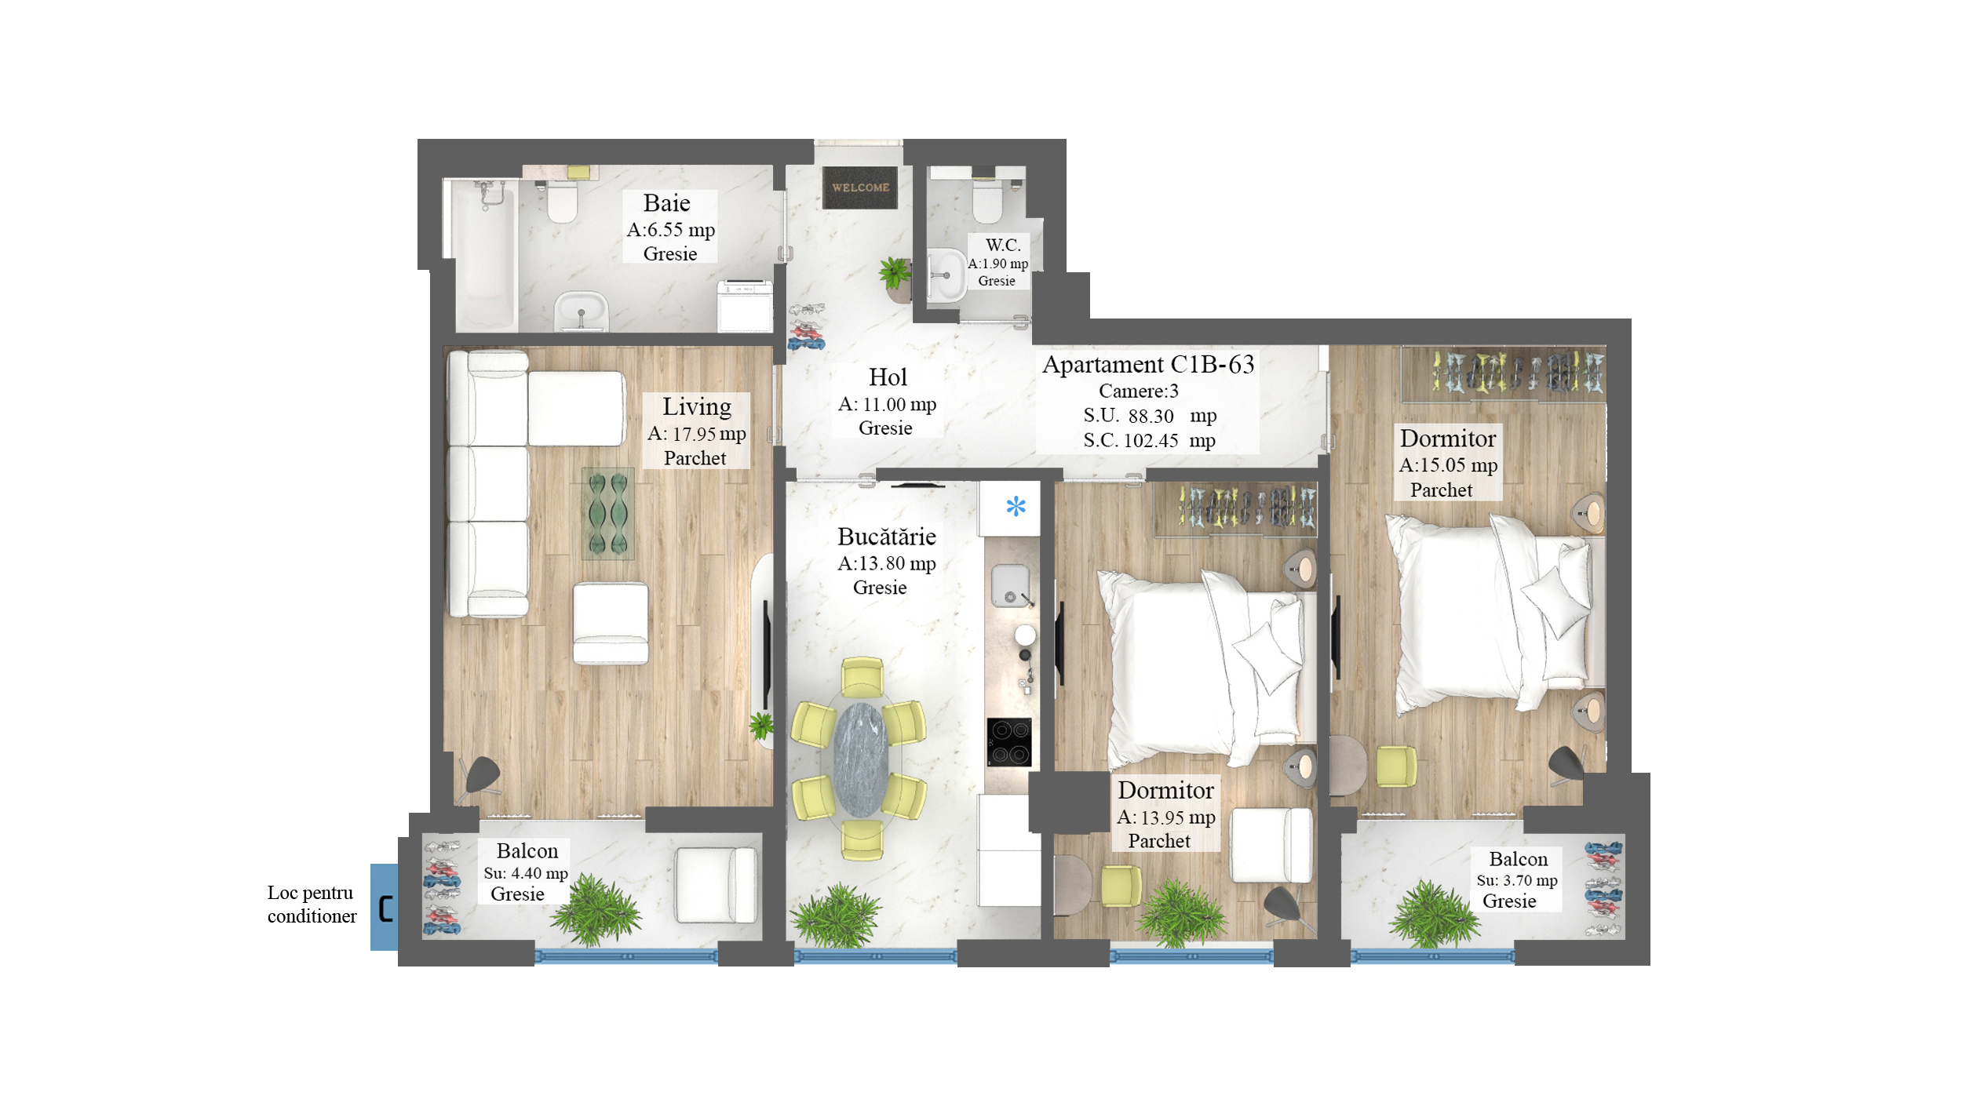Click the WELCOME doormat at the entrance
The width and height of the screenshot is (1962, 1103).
point(859,187)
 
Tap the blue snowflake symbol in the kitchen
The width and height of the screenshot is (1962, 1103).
point(1016,506)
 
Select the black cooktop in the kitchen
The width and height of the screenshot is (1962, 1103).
point(1009,742)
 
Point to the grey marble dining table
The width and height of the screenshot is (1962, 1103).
point(861,759)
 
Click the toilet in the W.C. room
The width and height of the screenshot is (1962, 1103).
point(987,200)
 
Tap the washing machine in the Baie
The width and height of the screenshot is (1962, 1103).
point(745,306)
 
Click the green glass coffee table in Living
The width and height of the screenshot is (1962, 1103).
point(608,514)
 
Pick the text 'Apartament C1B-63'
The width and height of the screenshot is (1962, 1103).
point(1148,365)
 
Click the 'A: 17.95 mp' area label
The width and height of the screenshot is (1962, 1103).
point(696,434)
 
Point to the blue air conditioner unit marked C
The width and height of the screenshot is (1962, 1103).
point(385,908)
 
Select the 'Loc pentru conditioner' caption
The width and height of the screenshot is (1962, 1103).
point(312,905)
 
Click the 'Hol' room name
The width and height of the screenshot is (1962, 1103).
point(888,377)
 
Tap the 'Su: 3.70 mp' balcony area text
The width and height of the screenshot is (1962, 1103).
point(1517,880)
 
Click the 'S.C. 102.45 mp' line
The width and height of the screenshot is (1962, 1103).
point(1149,441)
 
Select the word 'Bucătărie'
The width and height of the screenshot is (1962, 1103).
point(887,537)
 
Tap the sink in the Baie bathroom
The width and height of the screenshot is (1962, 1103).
point(582,311)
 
